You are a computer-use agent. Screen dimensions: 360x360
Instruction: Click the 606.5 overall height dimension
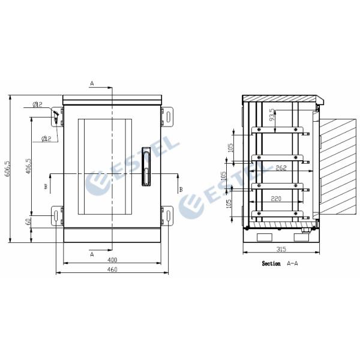pyautogui.click(x=7, y=169)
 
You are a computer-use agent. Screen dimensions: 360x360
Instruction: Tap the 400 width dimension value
pyautogui.click(x=112, y=259)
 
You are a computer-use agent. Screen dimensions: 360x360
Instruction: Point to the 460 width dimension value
pyautogui.click(x=112, y=269)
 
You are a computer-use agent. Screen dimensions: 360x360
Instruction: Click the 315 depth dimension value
pyautogui.click(x=281, y=249)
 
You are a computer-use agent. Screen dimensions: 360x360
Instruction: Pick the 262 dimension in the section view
pyautogui.click(x=280, y=169)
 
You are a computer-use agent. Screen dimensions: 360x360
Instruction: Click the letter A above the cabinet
pyautogui.click(x=92, y=82)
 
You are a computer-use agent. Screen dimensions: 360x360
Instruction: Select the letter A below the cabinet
pyautogui.click(x=92, y=254)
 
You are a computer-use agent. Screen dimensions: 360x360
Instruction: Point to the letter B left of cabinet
pyautogui.click(x=45, y=187)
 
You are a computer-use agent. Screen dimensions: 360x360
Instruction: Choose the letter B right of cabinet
pyautogui.click(x=181, y=189)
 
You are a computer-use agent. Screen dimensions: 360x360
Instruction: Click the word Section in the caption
pyautogui.click(x=271, y=263)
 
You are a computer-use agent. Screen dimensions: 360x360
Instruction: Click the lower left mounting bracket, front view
pyautogui.click(x=56, y=215)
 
